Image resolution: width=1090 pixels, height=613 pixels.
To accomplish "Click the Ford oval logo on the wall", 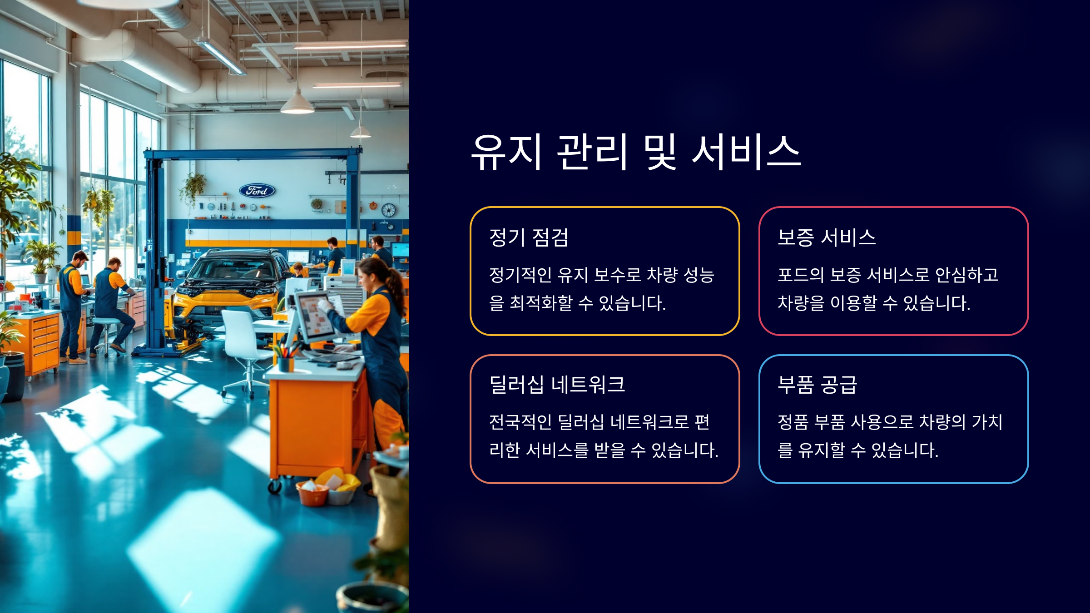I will point(257,191).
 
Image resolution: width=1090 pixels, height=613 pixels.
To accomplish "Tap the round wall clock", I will point(388,210).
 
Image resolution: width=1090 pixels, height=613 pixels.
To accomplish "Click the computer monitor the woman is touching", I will point(313,316).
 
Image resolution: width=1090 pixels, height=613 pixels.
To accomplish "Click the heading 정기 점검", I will point(529,237).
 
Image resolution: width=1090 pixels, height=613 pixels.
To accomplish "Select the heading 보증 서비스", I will point(827,237).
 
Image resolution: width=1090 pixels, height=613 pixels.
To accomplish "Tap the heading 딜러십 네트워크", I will point(557,385).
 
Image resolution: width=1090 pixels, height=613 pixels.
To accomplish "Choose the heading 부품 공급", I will point(817,385).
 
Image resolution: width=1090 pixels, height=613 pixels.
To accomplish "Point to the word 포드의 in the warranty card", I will point(800,275).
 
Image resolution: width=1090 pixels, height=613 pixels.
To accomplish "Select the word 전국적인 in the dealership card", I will point(520,422).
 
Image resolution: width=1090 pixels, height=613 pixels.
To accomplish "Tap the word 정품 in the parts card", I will point(793,422).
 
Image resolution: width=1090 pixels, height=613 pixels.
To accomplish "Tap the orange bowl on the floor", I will point(312,494).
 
